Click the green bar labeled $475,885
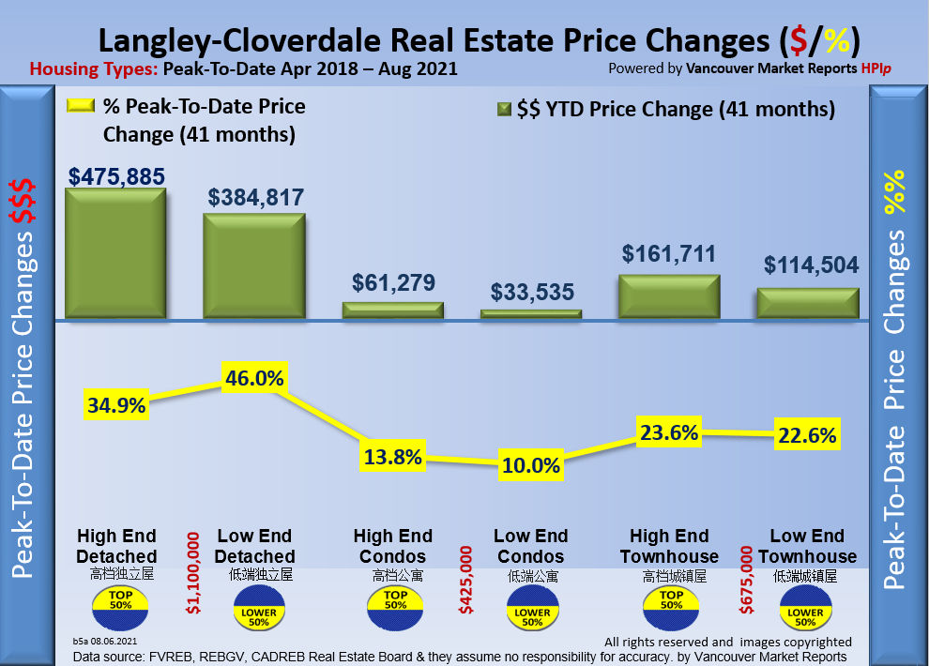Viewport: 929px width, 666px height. point(114,253)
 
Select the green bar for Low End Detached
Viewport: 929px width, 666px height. point(254,266)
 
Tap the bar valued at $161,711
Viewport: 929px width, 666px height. point(669,296)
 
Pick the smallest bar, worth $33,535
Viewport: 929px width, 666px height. point(531,313)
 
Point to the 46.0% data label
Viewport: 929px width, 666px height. point(253,379)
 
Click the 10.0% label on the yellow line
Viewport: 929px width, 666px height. point(531,464)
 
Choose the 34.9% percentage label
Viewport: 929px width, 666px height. point(116,405)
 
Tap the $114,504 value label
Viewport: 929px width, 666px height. point(811,265)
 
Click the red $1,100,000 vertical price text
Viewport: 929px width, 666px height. point(193,574)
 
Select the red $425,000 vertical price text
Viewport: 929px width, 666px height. point(465,582)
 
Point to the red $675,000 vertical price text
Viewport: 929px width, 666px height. point(747,582)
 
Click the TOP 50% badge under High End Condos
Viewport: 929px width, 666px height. point(395,607)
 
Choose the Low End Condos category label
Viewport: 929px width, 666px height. point(531,546)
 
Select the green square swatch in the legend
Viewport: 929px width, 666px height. point(503,110)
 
